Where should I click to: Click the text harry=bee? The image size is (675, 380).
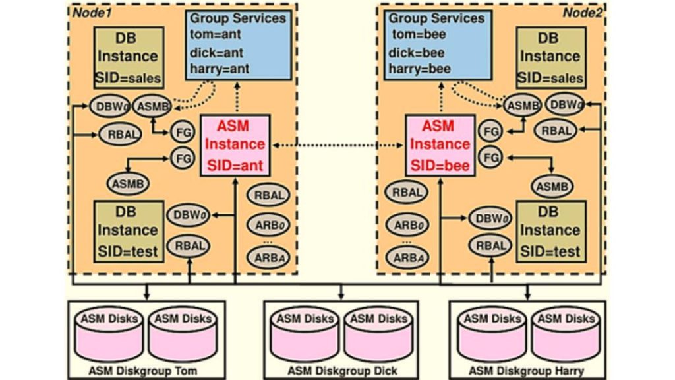click(421, 68)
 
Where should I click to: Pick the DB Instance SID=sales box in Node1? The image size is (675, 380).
click(128, 57)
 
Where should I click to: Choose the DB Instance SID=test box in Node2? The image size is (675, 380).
click(550, 231)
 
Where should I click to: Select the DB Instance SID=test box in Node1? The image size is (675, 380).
click(128, 231)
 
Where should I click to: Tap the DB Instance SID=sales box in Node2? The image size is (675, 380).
click(550, 57)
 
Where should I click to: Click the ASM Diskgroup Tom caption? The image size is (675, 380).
click(137, 371)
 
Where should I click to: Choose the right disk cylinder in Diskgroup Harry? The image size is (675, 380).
click(566, 333)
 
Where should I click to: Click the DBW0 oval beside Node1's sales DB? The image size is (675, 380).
click(110, 105)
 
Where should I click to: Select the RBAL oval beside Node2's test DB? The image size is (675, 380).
click(491, 246)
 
